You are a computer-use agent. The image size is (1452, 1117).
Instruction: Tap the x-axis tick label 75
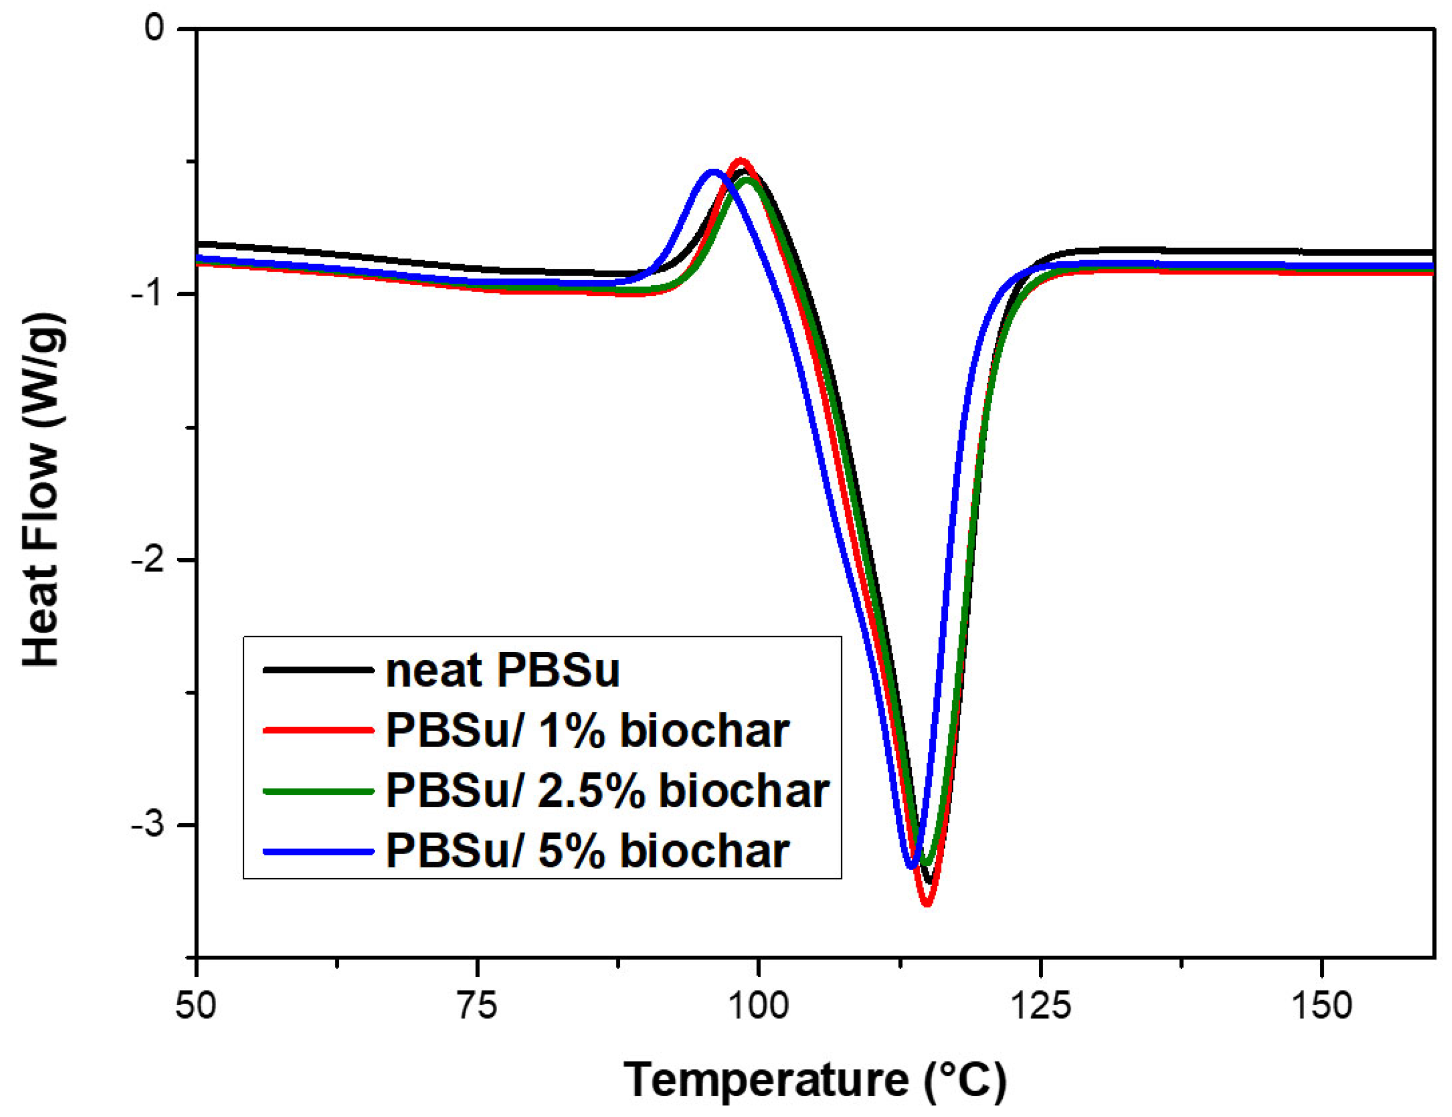pos(477,1005)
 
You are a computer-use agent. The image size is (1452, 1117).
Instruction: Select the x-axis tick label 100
pos(758,1005)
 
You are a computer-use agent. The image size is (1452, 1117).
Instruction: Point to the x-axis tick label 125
pos(1041,1005)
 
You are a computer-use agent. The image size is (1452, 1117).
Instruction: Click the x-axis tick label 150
pos(1322,1005)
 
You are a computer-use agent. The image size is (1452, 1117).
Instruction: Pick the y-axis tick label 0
pos(154,30)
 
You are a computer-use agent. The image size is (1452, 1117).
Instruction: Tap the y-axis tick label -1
pos(147,294)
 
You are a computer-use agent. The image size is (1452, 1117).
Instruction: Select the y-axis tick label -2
pos(147,560)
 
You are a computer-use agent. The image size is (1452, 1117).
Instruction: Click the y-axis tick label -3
pos(147,825)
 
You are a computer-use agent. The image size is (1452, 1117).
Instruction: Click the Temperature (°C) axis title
pos(815,1080)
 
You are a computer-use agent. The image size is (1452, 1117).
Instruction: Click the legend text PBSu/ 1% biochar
pos(588,731)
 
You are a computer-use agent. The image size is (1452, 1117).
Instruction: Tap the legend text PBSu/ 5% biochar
pos(588,850)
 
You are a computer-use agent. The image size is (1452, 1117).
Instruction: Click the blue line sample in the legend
pos(318,851)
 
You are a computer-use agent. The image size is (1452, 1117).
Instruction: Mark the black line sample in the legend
pos(318,670)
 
